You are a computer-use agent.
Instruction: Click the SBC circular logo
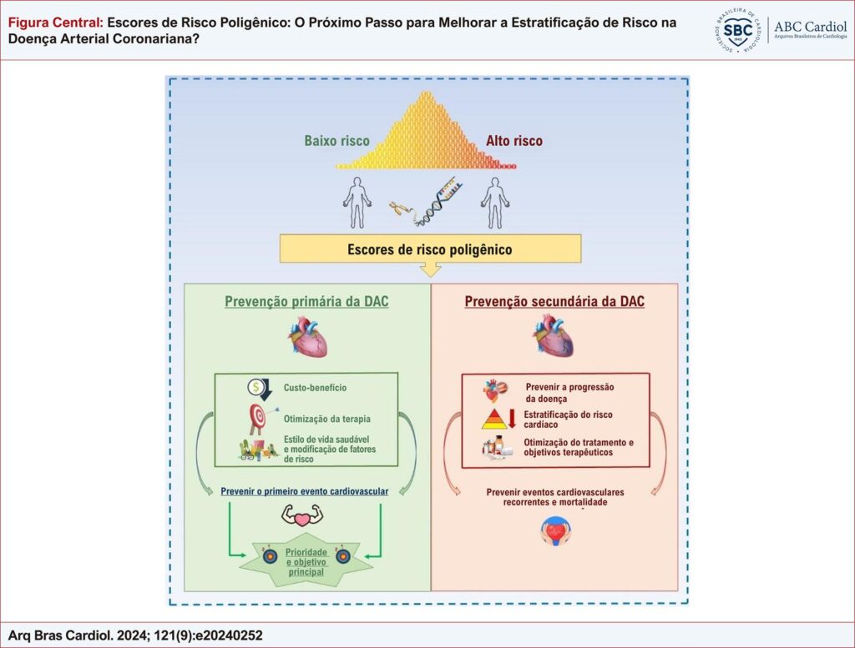[x=738, y=31]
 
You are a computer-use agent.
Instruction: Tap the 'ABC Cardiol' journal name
[x=810, y=27]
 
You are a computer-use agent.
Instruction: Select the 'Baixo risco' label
[x=337, y=141]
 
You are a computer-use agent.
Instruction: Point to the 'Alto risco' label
[x=514, y=141]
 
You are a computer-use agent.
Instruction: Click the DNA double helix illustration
[x=436, y=203]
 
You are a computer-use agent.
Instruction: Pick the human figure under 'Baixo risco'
[x=357, y=203]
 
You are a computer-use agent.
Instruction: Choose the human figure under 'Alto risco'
[x=495, y=203]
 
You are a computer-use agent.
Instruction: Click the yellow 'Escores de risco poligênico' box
[x=430, y=249]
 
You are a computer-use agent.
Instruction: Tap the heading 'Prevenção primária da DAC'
[x=306, y=302]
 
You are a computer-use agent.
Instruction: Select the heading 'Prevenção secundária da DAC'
[x=554, y=302]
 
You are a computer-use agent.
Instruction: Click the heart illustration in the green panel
[x=307, y=337]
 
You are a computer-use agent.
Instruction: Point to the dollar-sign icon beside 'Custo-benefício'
[x=260, y=389]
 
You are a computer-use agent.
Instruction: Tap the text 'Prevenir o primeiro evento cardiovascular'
[x=304, y=491]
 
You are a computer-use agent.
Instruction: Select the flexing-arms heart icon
[x=302, y=515]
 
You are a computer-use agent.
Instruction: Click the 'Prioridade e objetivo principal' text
[x=306, y=562]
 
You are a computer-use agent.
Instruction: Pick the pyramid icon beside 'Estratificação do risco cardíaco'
[x=494, y=419]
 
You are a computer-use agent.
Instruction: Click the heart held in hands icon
[x=555, y=531]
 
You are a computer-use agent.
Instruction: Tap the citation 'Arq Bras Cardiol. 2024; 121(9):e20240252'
[x=135, y=635]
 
